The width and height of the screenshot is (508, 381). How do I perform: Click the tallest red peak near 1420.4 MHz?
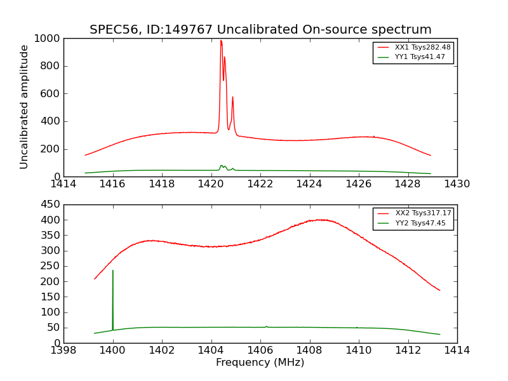tap(221, 41)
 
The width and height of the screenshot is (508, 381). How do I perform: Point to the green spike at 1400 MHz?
tap(113, 271)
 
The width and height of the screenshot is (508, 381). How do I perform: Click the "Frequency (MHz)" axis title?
tap(260, 363)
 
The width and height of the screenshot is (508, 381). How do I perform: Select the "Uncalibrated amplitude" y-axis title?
tap(24, 107)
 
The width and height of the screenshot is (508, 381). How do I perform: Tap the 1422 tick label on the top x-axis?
tap(260, 184)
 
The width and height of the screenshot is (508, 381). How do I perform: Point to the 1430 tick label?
tap(457, 184)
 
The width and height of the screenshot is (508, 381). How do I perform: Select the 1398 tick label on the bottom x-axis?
tap(63, 350)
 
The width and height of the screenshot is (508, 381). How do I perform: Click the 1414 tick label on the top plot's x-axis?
tap(63, 184)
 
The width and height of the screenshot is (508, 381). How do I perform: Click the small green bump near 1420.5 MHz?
tap(222, 166)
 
